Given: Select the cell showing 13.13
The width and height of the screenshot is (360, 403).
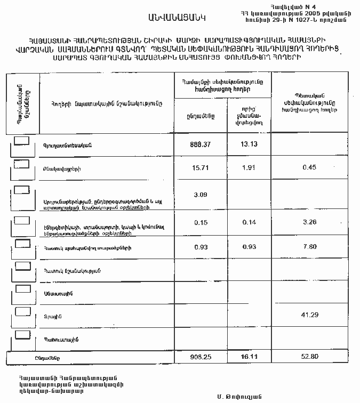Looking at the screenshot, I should point(249,144).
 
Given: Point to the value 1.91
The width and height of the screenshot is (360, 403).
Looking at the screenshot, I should point(249,168).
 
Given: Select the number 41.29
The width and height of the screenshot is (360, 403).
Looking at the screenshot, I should point(309,315).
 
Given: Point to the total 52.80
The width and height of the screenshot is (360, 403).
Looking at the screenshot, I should point(309,357).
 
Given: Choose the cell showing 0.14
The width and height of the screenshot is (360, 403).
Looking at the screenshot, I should point(249,222).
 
